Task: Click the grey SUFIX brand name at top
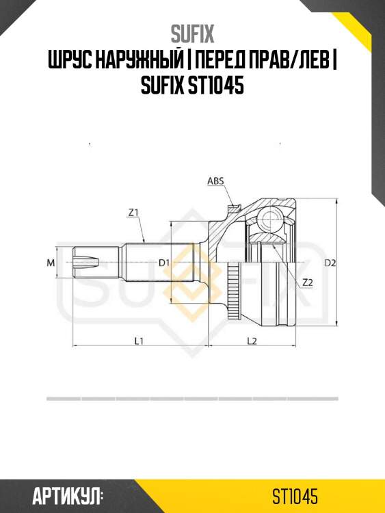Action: tap(192, 34)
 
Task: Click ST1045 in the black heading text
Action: tap(216, 86)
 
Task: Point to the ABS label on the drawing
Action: tap(215, 181)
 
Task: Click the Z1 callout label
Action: tap(133, 213)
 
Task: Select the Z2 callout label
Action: tap(308, 282)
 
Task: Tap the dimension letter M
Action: tap(51, 263)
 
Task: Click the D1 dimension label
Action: tap(164, 263)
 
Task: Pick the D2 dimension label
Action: tap(330, 263)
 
